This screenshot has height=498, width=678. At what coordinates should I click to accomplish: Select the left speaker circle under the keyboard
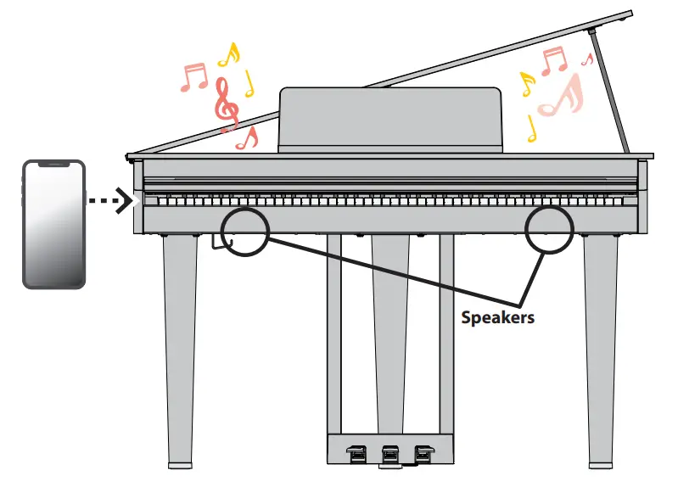click(244, 230)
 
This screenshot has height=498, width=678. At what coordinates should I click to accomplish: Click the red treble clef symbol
click(225, 104)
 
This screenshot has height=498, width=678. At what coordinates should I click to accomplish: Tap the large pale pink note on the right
click(561, 96)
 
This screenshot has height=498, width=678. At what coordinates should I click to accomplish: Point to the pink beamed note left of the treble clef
click(193, 77)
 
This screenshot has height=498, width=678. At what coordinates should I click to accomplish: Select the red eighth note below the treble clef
click(247, 138)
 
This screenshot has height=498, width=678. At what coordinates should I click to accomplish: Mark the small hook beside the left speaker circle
click(216, 244)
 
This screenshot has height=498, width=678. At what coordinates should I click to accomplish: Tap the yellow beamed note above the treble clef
click(228, 55)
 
